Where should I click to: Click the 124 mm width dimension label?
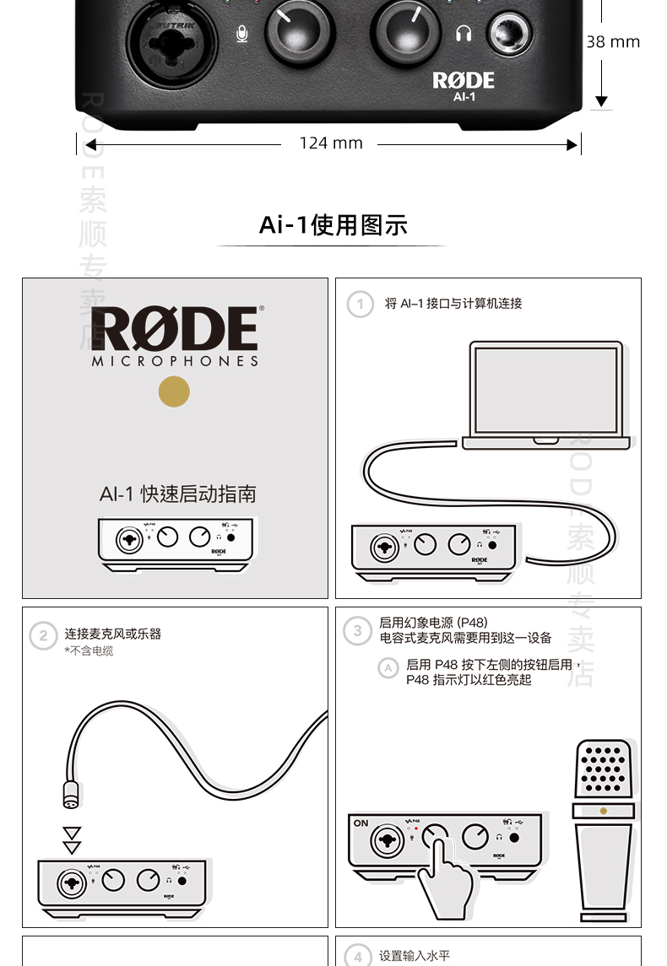tap(331, 143)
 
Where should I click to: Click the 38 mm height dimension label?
tap(613, 42)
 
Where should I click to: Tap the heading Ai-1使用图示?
tap(333, 225)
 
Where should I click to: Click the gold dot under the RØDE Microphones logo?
tap(174, 391)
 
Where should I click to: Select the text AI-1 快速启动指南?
tap(177, 494)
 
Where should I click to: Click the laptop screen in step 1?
tap(545, 391)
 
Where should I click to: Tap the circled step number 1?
tap(361, 304)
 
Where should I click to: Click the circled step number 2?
tap(43, 634)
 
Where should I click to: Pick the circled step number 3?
tap(358, 630)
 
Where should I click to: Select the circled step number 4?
tap(358, 957)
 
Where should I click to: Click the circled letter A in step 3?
tap(388, 668)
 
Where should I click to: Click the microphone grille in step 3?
tap(603, 768)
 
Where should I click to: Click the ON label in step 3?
tap(361, 823)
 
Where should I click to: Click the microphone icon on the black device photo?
tap(242, 35)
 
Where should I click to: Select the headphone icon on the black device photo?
tap(462, 34)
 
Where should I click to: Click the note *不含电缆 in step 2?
tap(89, 651)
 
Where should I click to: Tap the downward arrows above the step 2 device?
tap(73, 840)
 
